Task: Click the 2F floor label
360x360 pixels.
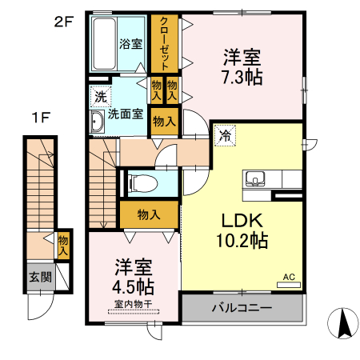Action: (63, 22)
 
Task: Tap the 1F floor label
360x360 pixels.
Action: (42, 118)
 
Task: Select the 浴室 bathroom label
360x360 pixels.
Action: (131, 44)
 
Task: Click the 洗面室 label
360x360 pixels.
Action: (127, 114)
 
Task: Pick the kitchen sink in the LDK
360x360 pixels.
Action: (258, 178)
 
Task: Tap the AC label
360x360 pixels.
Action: (289, 278)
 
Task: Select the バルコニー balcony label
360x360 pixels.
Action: (242, 308)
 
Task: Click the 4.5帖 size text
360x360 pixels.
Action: (134, 286)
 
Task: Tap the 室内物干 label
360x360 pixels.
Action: (134, 303)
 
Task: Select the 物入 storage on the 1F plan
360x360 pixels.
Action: (63, 245)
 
